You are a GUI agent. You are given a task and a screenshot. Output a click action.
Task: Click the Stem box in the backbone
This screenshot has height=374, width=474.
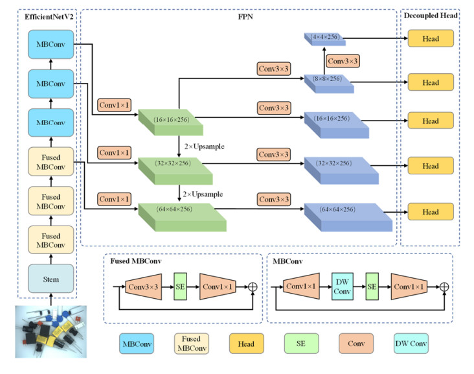pos(51,279)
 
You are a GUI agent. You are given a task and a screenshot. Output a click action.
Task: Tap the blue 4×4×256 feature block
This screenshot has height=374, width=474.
pos(324,39)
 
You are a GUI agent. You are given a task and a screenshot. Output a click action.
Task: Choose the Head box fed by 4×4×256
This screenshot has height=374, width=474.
pos(431,39)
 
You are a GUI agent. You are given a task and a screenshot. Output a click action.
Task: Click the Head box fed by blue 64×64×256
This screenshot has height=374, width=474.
pos(431,212)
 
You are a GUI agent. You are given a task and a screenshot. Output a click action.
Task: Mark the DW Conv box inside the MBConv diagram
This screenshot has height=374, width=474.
pos(341,285)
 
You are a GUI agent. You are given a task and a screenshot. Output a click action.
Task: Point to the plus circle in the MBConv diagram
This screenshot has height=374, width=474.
pos(444,285)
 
